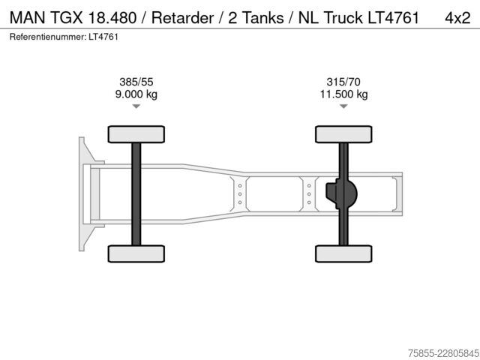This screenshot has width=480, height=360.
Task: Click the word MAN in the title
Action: pos(27,17)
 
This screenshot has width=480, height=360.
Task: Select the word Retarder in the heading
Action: pos(182,17)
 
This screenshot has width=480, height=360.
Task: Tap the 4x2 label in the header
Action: pos(457,18)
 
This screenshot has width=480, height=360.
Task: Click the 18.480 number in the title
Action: pos(112,17)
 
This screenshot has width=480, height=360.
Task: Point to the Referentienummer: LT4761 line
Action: pos(64,37)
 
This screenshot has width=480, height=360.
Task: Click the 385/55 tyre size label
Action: pos(136,82)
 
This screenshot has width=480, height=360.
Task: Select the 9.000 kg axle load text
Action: pos(136,94)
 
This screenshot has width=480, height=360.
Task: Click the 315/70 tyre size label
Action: pos(343,82)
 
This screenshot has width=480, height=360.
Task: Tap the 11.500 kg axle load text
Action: pos(343,94)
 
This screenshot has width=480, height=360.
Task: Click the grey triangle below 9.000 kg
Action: pos(136,106)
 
